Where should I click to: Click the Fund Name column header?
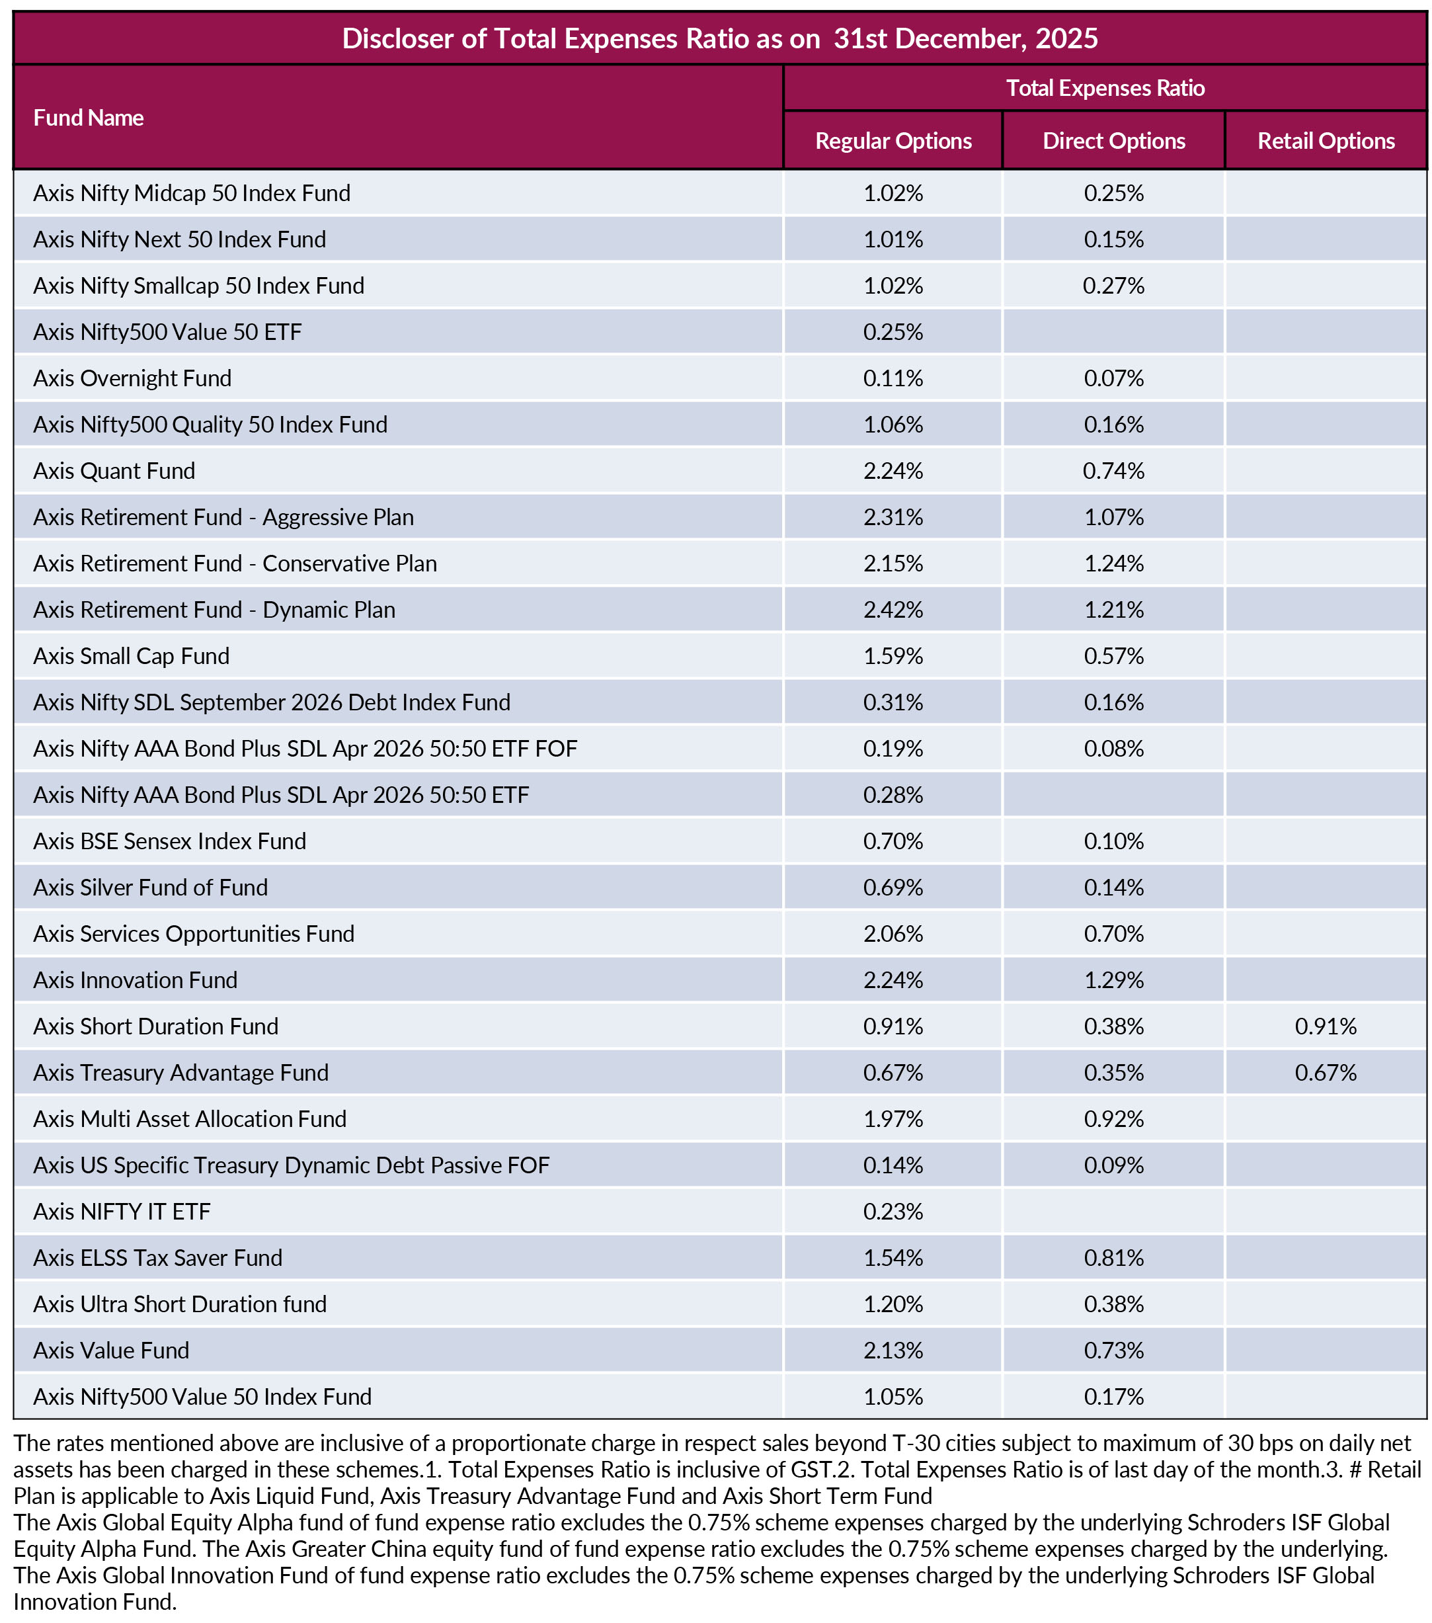pyautogui.click(x=88, y=118)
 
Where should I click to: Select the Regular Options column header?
pyautogui.click(x=893, y=141)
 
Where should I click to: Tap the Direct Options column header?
pyautogui.click(x=1114, y=141)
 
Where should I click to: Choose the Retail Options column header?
pyautogui.click(x=1326, y=141)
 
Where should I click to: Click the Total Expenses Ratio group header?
pyautogui.click(x=1105, y=87)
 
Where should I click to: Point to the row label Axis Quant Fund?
pyautogui.click(x=114, y=471)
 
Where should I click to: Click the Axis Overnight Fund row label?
pyautogui.click(x=133, y=378)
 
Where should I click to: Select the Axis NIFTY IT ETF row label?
pyautogui.click(x=122, y=1212)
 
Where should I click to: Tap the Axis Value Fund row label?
pyautogui.click(x=111, y=1351)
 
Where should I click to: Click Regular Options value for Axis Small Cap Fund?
pyautogui.click(x=893, y=656)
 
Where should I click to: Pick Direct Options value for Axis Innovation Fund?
pyautogui.click(x=1114, y=980)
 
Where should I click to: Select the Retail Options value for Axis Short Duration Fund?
pyautogui.click(x=1326, y=1026)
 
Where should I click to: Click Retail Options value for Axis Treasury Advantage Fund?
pyautogui.click(x=1326, y=1073)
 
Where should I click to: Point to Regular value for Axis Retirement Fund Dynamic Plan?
pyautogui.click(x=893, y=610)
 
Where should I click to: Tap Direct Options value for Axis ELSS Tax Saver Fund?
pyautogui.click(x=1114, y=1258)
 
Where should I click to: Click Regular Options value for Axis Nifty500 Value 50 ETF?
pyautogui.click(x=893, y=332)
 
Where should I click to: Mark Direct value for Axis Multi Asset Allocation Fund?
pyautogui.click(x=1114, y=1119)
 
